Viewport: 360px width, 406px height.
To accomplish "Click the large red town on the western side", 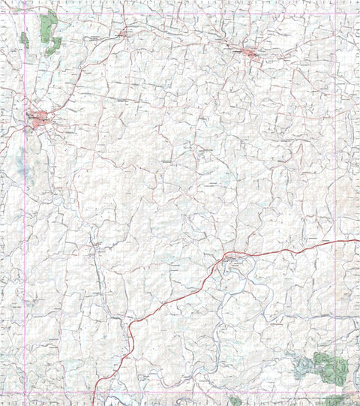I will [x=37, y=118].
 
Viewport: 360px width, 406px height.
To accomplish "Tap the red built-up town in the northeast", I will [x=250, y=53].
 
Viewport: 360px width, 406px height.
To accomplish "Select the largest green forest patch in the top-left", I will [x=49, y=28].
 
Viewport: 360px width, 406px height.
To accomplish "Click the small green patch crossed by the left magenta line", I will [x=25, y=39].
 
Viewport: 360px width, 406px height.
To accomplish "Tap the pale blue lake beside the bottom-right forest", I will [x=304, y=368].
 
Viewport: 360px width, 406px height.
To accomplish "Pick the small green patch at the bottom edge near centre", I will [x=235, y=401].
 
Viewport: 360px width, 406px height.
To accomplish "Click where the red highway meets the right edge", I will [x=358, y=240].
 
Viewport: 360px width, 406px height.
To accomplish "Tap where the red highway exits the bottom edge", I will [x=93, y=404].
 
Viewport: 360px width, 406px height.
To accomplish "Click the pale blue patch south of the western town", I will [x=21, y=161].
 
